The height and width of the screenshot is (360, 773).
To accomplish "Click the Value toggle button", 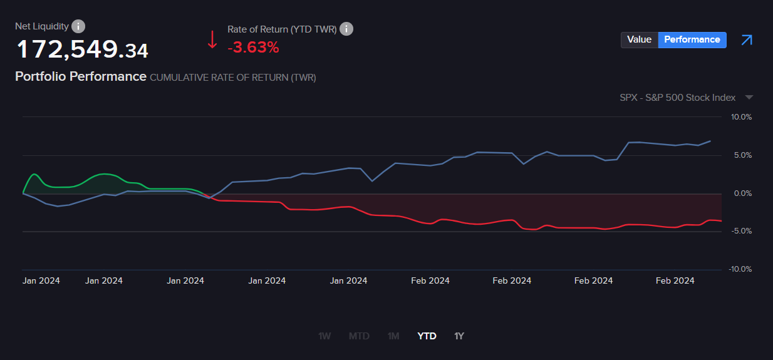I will coord(639,39).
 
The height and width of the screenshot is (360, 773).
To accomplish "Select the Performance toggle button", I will coord(692,39).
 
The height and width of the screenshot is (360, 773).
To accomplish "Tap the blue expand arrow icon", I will coord(746,40).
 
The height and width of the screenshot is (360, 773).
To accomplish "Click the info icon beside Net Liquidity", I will coord(78,26).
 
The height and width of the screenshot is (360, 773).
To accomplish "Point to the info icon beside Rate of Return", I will coord(346,29).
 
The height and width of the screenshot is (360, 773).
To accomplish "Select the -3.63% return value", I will coord(253,47).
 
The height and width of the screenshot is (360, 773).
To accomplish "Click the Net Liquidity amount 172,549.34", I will coord(82,49).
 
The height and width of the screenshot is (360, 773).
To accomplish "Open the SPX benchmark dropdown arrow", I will coord(749,98).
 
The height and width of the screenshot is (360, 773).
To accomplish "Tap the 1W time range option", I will coord(324,336).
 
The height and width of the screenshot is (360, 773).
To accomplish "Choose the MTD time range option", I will coord(359,336).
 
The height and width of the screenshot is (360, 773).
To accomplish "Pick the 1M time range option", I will coord(393,336).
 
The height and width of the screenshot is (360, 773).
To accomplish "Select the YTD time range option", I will coord(427,336).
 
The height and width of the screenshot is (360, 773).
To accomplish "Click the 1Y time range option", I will coord(459,336).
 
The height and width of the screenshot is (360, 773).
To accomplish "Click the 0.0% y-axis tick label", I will coord(742,193).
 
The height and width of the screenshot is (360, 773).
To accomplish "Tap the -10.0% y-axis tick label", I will coord(740,269).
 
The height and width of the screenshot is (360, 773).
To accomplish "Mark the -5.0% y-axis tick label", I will coord(742,231).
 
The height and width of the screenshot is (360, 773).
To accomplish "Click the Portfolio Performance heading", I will coord(80,76).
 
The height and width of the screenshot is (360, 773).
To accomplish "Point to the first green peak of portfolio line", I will coord(34,174).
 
